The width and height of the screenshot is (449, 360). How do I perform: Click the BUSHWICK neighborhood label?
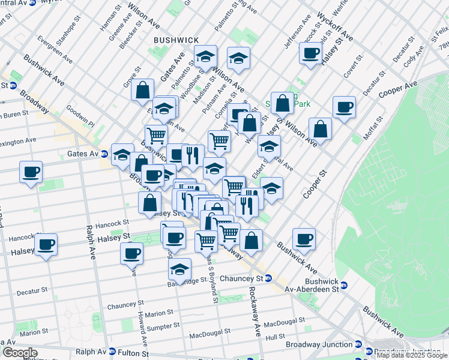click(176, 40)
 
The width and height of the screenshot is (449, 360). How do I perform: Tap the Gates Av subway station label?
click(85, 154)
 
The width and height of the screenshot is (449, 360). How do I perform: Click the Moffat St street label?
click(375, 127)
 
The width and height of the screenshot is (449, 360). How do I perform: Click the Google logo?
click(19, 353)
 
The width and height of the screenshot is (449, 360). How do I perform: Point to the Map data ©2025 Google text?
click(412, 355)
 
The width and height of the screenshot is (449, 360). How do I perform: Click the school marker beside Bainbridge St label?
click(179, 269)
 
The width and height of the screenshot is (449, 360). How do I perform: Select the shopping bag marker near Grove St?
click(143, 90)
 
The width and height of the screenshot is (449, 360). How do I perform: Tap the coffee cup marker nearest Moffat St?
click(344, 107)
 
